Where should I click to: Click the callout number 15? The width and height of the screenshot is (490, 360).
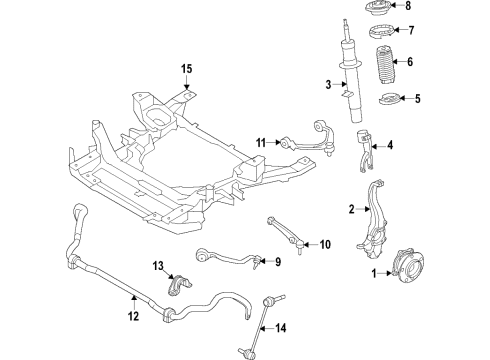click(x=185, y=69)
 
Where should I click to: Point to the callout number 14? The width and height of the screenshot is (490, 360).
click(x=280, y=327)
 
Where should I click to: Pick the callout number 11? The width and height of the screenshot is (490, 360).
click(x=260, y=144)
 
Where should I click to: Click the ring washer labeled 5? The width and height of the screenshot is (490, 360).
click(x=386, y=100)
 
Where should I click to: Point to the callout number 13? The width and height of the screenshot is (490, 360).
click(x=158, y=265)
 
